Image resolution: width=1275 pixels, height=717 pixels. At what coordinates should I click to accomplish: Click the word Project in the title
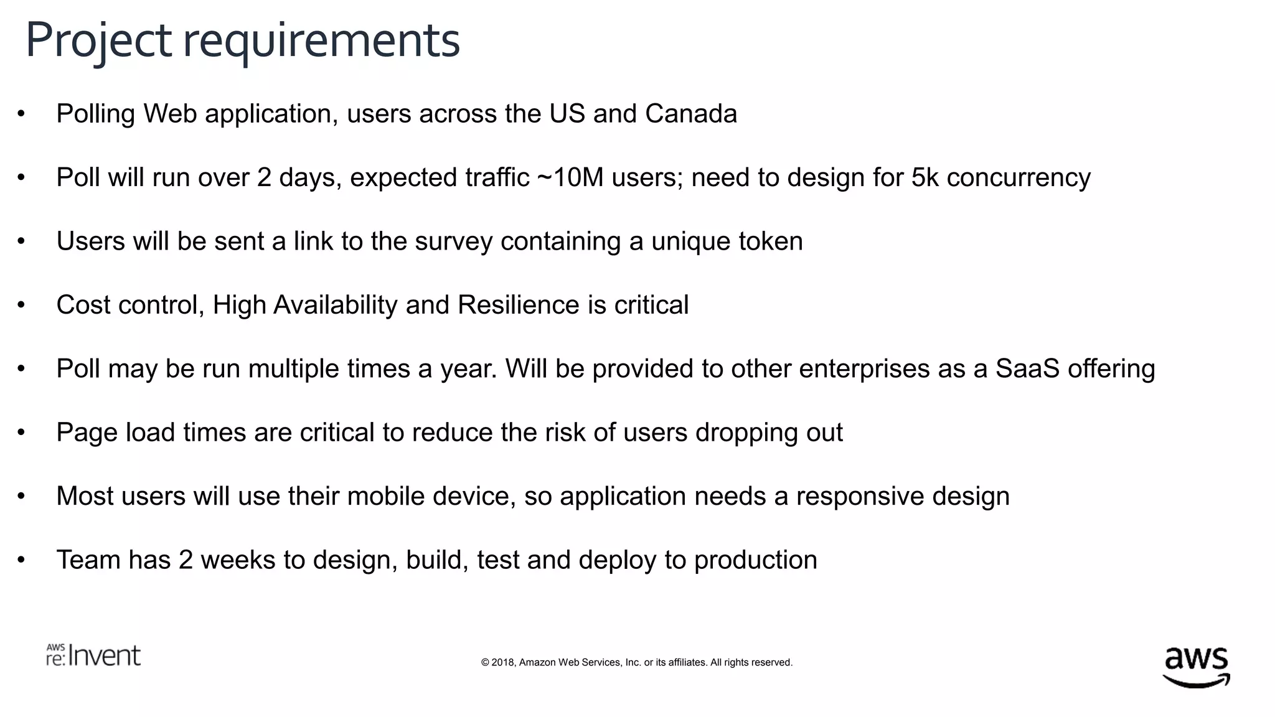pos(98,41)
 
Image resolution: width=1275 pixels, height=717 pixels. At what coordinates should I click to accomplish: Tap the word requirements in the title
pos(321,41)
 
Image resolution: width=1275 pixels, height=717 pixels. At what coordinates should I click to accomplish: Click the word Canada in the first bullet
pos(690,114)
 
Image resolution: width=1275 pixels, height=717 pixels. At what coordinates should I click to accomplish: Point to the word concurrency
pos(1019,178)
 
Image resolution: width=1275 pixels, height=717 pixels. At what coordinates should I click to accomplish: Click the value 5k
pos(924,178)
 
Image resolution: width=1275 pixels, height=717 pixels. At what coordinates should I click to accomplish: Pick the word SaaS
pos(1027,369)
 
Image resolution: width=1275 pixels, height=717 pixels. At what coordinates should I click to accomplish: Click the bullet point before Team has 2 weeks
pos(21,560)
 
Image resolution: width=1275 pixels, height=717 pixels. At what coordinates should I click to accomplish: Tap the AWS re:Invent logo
pos(93,655)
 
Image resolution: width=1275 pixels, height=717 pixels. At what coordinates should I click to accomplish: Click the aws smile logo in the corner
pos(1196,667)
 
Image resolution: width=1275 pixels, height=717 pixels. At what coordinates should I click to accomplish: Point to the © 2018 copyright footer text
pos(636,662)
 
